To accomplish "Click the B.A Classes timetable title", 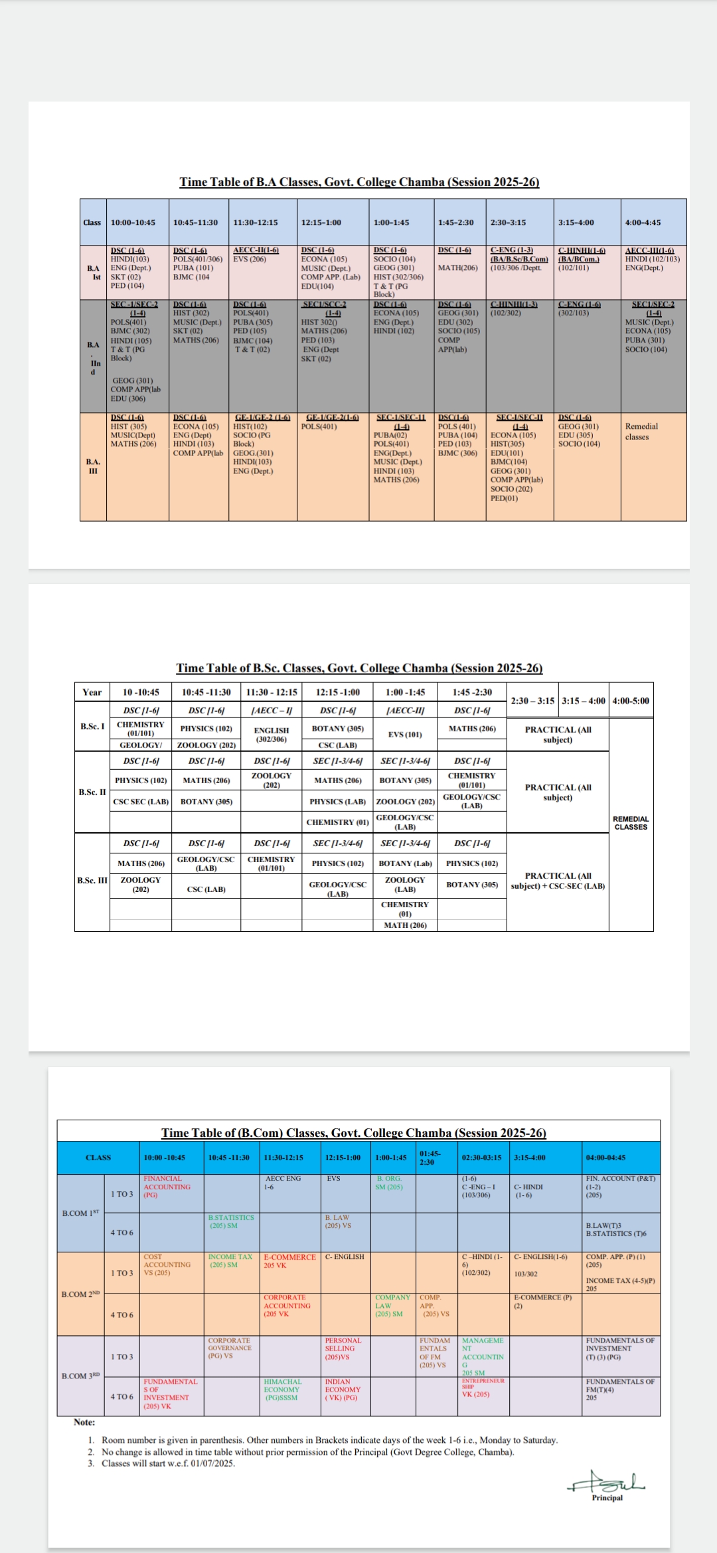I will pyautogui.click(x=359, y=182).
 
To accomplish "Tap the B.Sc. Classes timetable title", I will pyautogui.click(x=359, y=668).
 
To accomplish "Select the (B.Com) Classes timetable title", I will pyautogui.click(x=353, y=1133).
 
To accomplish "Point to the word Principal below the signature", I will pyautogui.click(x=607, y=1497).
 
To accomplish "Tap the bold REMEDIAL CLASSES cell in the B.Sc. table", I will pyautogui.click(x=631, y=823).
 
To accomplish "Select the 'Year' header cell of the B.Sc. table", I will pyautogui.click(x=92, y=692).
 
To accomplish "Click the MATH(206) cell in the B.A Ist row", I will pyautogui.click(x=458, y=267).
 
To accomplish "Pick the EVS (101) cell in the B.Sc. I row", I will pyautogui.click(x=405, y=734).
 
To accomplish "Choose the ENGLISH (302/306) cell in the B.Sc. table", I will pyautogui.click(x=271, y=734).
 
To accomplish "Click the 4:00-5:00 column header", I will pyautogui.click(x=631, y=701).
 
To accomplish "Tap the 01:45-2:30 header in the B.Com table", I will pyautogui.click(x=430, y=1157).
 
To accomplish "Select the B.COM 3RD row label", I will pyautogui.click(x=80, y=1376).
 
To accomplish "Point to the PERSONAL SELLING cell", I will pyautogui.click(x=343, y=1349).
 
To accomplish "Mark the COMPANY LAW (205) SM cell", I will pyautogui.click(x=392, y=1305).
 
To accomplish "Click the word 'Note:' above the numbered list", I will pyautogui.click(x=84, y=1422).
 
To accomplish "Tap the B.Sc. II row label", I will pyautogui.click(x=92, y=792).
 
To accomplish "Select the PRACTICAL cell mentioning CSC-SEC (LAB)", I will pyautogui.click(x=558, y=881).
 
